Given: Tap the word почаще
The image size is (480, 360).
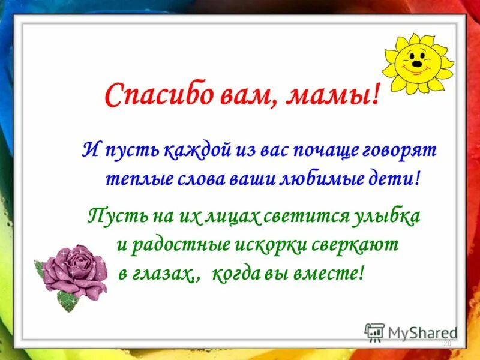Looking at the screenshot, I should click(323, 149).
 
